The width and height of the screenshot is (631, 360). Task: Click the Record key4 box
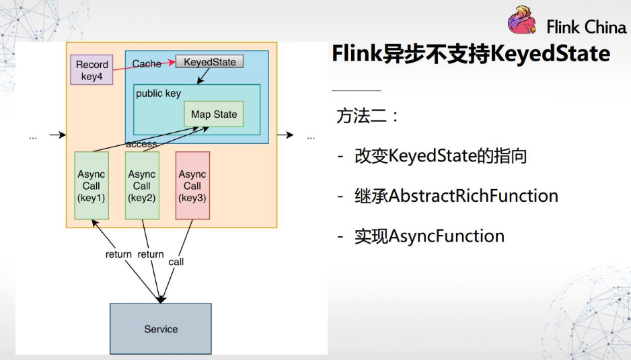pyautogui.click(x=91, y=70)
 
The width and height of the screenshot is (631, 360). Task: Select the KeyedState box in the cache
pyautogui.click(x=210, y=62)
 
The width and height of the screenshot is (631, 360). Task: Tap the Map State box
pyautogui.click(x=214, y=114)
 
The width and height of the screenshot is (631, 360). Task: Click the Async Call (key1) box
pyautogui.click(x=91, y=186)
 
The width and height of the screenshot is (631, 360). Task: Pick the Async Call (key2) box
pyautogui.click(x=142, y=186)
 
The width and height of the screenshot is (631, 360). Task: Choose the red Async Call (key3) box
pyautogui.click(x=192, y=186)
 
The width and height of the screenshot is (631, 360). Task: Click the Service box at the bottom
pyautogui.click(x=161, y=329)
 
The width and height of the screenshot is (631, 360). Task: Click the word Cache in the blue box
pyautogui.click(x=146, y=64)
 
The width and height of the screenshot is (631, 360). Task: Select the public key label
pyautogui.click(x=158, y=94)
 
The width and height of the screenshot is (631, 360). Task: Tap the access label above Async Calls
pyautogui.click(x=141, y=144)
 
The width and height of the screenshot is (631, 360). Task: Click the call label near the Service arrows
pyautogui.click(x=176, y=262)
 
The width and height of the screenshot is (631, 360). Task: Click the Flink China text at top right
pyautogui.click(x=586, y=28)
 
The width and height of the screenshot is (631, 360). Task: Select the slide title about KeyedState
pyautogui.click(x=470, y=54)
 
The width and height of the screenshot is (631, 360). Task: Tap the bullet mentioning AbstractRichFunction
pyautogui.click(x=456, y=196)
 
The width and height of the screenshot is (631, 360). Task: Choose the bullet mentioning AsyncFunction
pyautogui.click(x=429, y=236)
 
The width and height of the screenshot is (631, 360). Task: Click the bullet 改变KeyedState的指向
pyautogui.click(x=440, y=157)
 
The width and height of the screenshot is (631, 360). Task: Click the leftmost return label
pyautogui.click(x=118, y=254)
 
